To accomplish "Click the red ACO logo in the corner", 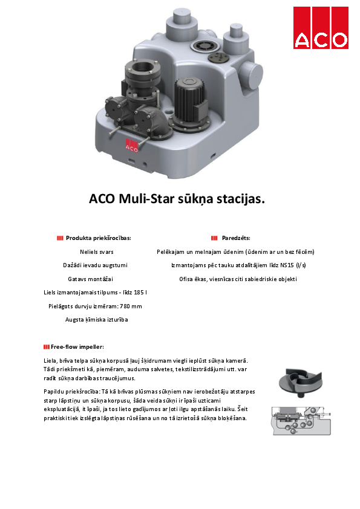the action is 321,28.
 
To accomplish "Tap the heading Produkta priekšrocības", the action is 98,238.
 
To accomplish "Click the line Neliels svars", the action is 97,251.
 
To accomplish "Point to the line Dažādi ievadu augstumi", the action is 96,265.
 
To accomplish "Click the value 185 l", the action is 137,293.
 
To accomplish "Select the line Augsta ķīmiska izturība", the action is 97,319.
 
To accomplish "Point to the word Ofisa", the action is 186,279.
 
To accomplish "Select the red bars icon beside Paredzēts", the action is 214,238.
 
